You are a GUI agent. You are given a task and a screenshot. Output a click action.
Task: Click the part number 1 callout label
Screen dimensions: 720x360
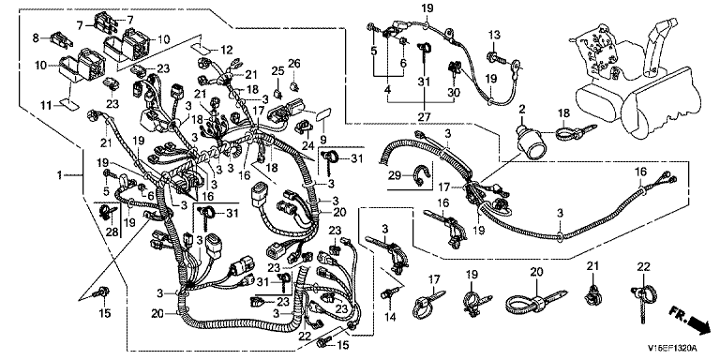[x=59, y=175]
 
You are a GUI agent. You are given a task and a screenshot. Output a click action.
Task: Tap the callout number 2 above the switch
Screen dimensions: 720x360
[x=521, y=109]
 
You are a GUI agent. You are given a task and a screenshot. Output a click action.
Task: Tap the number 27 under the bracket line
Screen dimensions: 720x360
[x=425, y=116]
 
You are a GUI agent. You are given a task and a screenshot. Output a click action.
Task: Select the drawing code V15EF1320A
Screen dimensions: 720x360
[x=673, y=348]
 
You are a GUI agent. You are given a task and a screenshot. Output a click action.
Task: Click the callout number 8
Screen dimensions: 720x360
[x=37, y=37]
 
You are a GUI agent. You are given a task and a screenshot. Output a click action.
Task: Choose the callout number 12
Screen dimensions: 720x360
[x=227, y=50]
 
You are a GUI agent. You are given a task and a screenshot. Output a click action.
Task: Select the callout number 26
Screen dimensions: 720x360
[x=293, y=62]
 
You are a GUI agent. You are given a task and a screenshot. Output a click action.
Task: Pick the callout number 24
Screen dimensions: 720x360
[x=307, y=147]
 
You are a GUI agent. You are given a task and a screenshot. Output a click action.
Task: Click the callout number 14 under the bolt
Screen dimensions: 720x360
[x=389, y=317]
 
